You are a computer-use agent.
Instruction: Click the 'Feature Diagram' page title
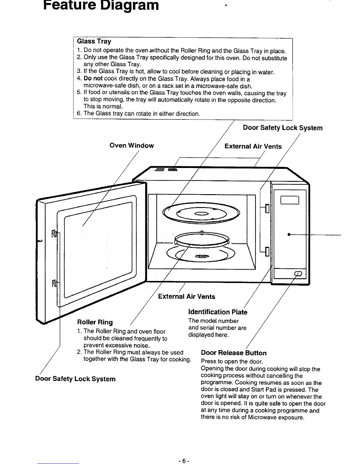(101, 5)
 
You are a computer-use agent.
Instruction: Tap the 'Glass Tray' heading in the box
(94, 41)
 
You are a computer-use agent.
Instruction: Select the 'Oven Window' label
(131, 145)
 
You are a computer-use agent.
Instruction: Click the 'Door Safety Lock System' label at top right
(283, 128)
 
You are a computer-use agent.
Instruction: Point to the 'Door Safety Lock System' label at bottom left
(75, 379)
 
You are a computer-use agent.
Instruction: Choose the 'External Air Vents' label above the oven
(253, 146)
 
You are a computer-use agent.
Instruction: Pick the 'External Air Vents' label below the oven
(186, 296)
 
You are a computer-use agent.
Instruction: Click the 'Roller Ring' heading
(95, 322)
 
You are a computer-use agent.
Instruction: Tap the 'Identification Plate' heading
(218, 312)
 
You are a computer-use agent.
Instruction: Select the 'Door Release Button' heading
(234, 353)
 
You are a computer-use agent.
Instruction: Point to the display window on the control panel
(290, 200)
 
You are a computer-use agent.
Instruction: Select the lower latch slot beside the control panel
(267, 252)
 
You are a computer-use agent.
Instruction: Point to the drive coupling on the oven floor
(201, 257)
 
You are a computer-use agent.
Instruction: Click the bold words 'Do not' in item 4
(93, 79)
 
